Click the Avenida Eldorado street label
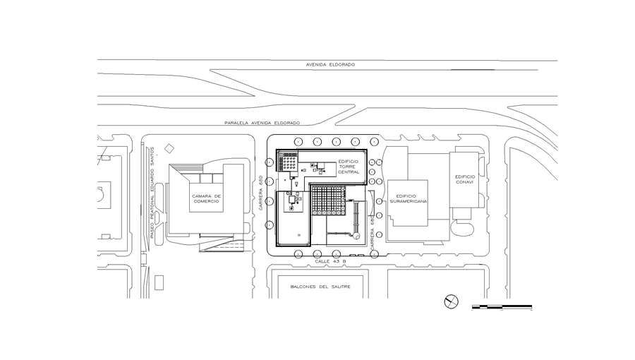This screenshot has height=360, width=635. [330, 64]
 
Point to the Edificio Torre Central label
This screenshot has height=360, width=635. [349, 167]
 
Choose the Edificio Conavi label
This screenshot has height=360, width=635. [466, 179]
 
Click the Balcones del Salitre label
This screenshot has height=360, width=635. [320, 287]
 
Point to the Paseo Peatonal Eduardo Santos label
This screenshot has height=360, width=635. [152, 191]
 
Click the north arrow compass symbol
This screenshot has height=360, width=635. [451, 302]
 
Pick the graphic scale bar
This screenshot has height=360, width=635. [502, 307]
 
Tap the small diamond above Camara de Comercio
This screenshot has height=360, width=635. [168, 149]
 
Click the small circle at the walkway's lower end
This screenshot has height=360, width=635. [357, 235]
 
